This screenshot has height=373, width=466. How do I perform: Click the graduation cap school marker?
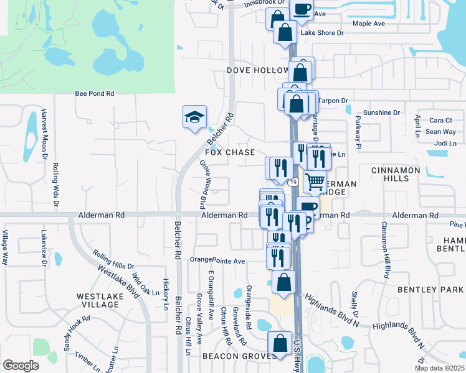(194, 116)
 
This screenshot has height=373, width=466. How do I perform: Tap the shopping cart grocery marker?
(315, 182)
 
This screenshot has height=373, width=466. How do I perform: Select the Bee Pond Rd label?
(95, 93)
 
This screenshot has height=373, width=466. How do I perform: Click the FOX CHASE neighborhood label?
(230, 152)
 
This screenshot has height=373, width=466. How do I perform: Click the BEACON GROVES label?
(239, 356)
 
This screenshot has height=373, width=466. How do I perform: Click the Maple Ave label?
(369, 24)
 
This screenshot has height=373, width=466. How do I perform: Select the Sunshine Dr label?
(381, 113)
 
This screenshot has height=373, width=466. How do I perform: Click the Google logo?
(21, 365)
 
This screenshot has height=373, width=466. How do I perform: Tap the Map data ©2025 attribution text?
(439, 369)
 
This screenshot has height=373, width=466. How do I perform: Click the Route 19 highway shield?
(292, 182)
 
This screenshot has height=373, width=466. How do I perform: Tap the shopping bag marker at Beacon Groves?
(280, 343)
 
